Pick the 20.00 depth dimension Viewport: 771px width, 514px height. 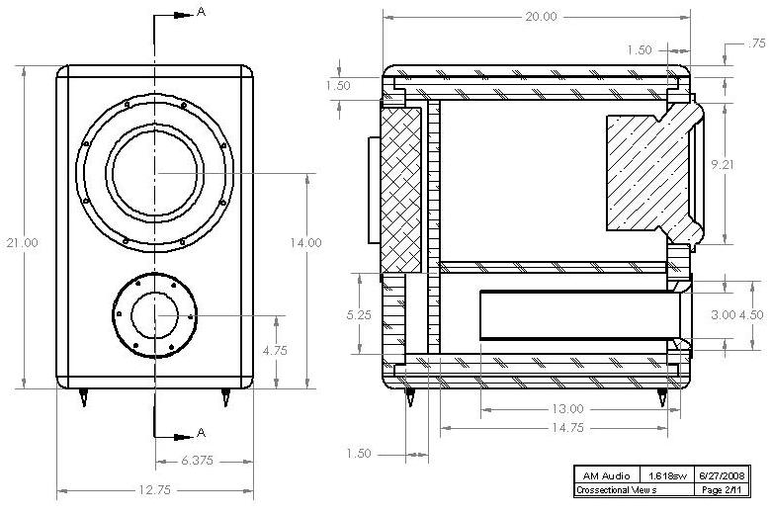[x=541, y=17]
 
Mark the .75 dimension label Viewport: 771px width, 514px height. [x=757, y=43]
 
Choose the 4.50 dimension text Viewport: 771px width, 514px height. [x=752, y=315]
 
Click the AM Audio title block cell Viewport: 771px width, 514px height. [x=606, y=474]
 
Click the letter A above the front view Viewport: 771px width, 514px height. [x=201, y=12]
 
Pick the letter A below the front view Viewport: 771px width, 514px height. [x=201, y=433]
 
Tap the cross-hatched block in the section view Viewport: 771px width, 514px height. [x=401, y=189]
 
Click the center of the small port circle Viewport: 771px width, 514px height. [x=153, y=316]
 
